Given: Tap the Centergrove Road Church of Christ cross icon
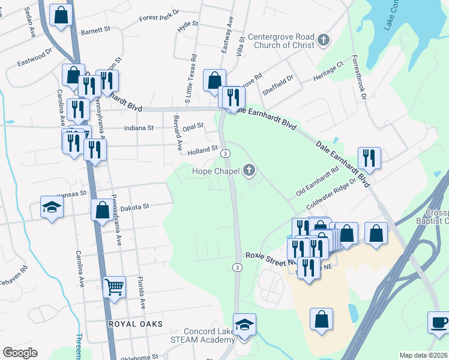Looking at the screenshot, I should pos(324,40).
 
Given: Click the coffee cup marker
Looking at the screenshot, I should pos(439,322).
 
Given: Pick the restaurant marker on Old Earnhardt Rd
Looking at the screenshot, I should pos(368,158).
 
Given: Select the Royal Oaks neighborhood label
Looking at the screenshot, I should pos(135,324).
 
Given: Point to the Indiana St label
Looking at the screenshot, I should pos(139,128).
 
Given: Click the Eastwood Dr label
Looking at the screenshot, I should pos(35,59).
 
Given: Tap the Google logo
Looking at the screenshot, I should pos(20,353).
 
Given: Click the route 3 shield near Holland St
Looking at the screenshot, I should pos(224,154).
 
